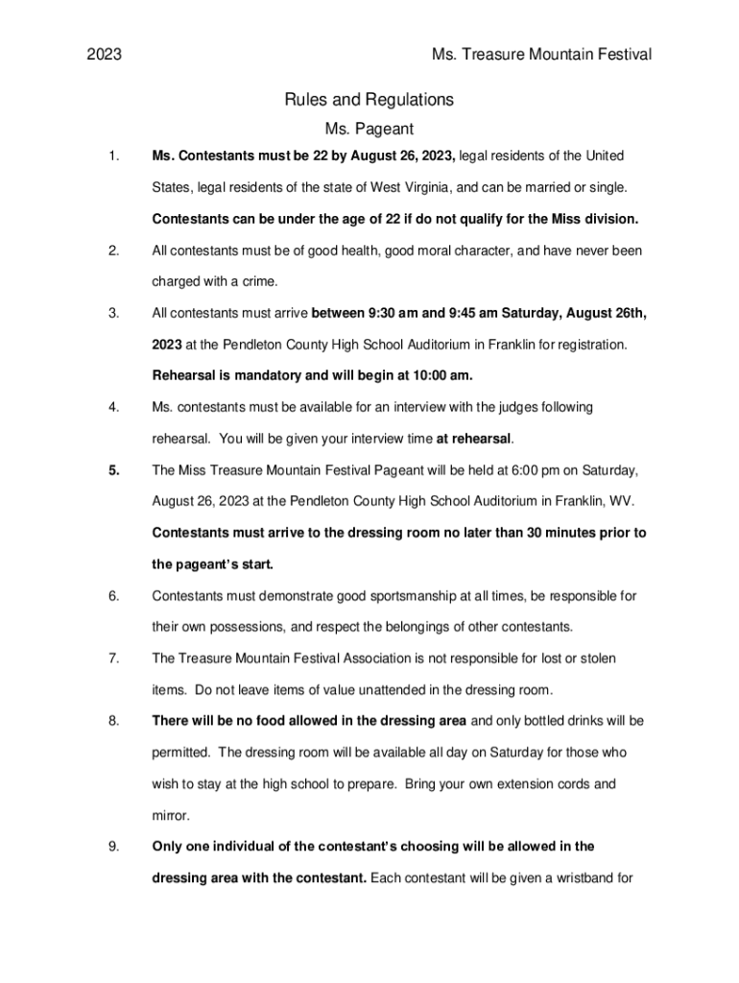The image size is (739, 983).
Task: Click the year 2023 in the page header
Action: tap(105, 55)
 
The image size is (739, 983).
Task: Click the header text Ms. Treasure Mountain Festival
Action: tap(541, 55)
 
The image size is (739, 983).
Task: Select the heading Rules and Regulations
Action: tap(369, 100)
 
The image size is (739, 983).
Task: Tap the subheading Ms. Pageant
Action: tap(369, 129)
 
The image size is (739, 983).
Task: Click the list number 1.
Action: tap(113, 156)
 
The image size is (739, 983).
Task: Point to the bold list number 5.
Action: tap(114, 470)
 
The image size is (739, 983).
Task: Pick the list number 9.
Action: tap(113, 847)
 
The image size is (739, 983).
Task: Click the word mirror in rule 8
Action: tap(170, 816)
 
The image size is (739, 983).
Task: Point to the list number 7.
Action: tap(113, 659)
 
